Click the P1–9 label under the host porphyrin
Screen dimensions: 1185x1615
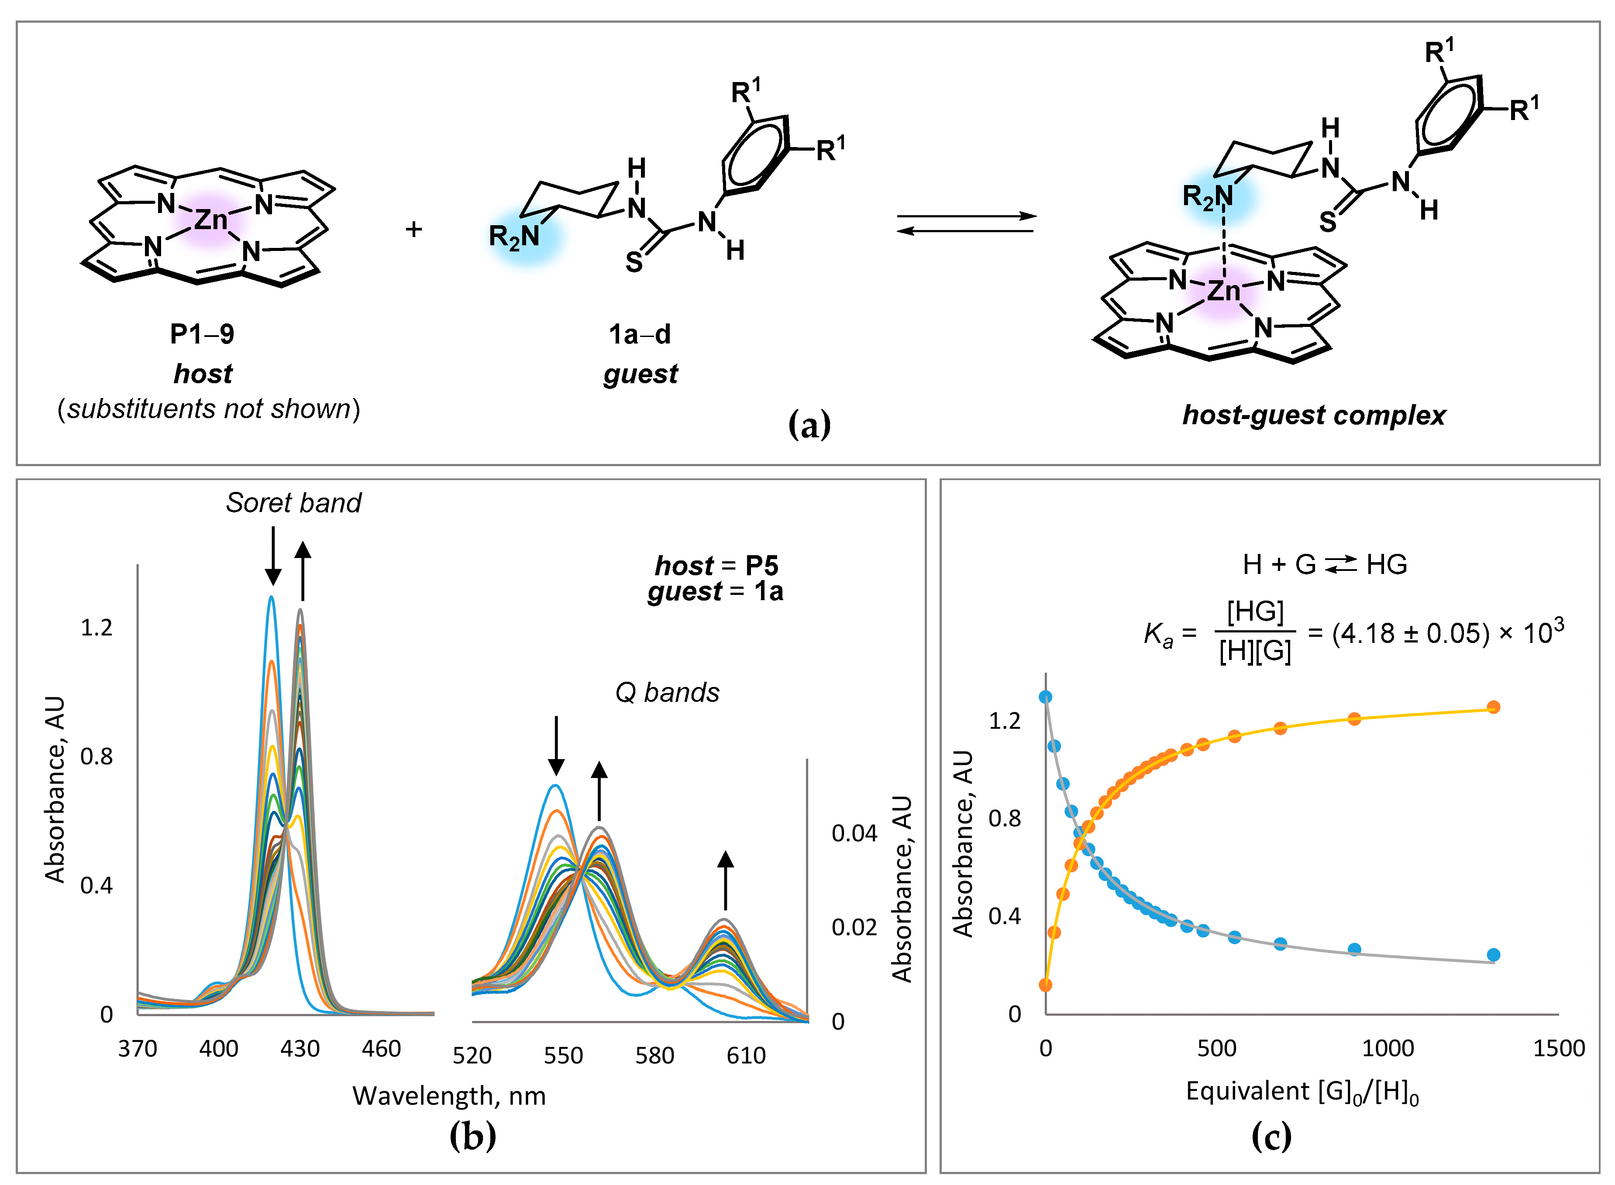click(x=202, y=334)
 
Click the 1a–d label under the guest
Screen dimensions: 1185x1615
click(x=639, y=334)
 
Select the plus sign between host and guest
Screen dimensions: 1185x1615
click(x=413, y=230)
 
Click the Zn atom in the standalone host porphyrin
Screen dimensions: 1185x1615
click(x=211, y=220)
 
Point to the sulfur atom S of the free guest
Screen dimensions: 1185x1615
click(x=634, y=263)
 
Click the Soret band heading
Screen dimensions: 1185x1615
click(x=293, y=503)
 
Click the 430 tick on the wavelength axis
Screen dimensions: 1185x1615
click(x=300, y=1049)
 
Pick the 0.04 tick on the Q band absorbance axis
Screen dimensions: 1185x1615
click(x=854, y=834)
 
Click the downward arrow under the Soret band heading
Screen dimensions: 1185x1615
click(x=272, y=556)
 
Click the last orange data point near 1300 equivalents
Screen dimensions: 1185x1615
click(x=1493, y=707)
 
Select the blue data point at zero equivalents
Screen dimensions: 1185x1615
click(x=1045, y=697)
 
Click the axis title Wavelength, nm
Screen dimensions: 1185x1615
click(x=449, y=1096)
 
